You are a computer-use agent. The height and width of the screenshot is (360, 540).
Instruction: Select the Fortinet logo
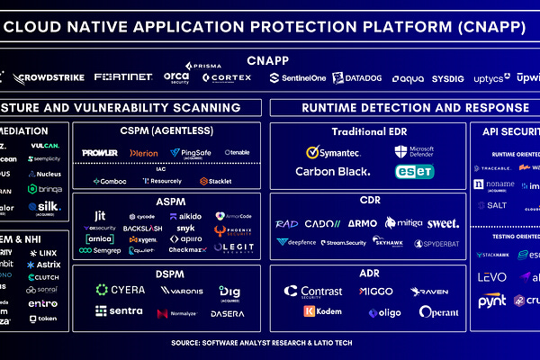coord(122,78)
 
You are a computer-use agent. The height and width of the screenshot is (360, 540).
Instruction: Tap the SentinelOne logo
coord(298,78)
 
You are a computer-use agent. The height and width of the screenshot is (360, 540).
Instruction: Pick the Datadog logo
coord(358,78)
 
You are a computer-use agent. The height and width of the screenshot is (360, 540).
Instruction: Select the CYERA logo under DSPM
coord(121,290)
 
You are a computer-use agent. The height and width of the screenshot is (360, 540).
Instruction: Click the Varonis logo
coord(181,291)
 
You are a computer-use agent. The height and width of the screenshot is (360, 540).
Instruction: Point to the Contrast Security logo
coord(312,292)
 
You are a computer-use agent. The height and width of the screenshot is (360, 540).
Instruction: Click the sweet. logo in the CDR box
coord(443,222)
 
